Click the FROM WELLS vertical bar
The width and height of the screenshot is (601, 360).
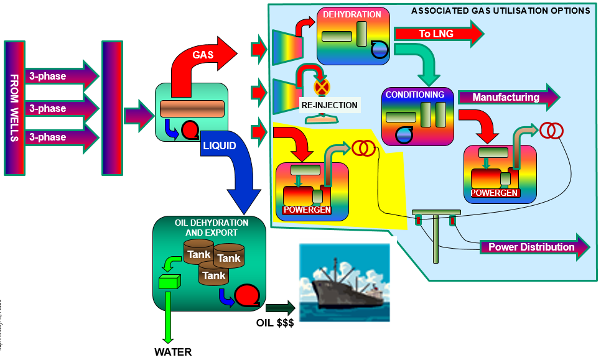point(14,108)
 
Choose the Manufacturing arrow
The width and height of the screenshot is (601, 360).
point(508,97)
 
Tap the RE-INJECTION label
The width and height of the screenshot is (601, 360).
point(329,104)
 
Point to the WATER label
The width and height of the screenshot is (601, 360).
point(173,352)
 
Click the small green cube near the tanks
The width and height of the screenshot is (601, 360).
point(169,282)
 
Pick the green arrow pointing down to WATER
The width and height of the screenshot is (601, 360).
point(167,317)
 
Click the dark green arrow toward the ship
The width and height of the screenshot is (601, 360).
point(279,308)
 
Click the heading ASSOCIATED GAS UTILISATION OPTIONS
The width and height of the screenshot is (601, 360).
point(501,11)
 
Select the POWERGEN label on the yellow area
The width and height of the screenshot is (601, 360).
point(307,210)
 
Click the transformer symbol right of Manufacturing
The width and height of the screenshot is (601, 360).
point(551,130)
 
